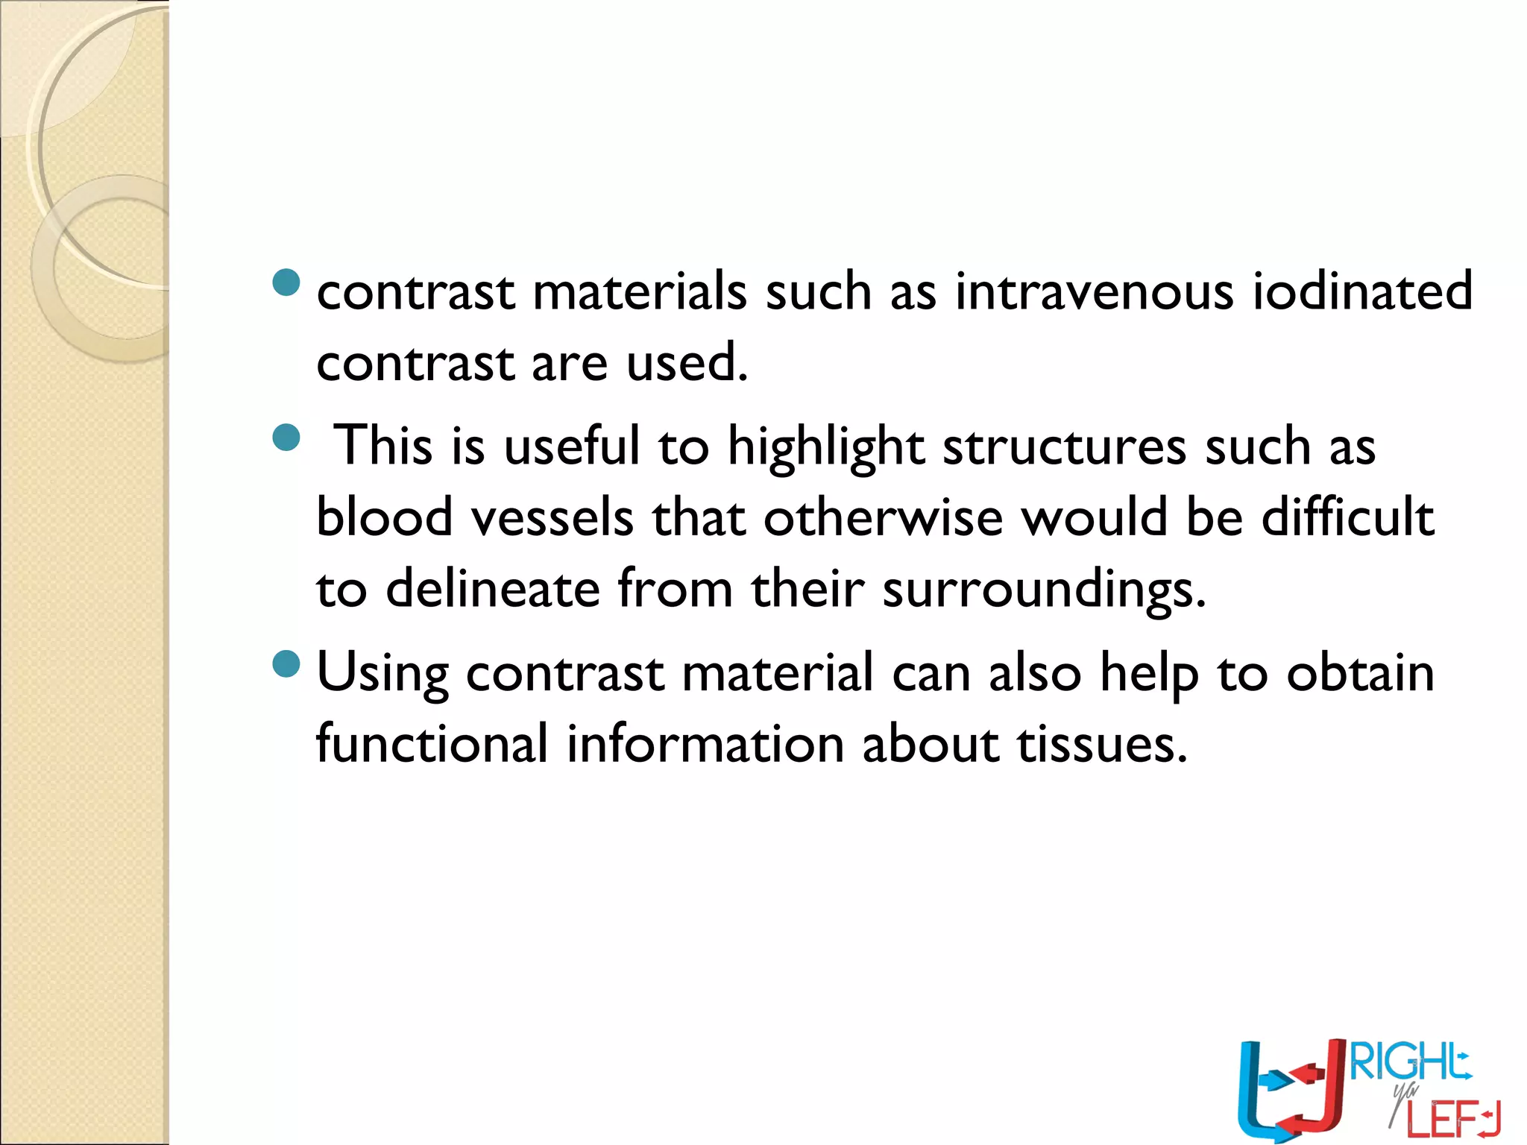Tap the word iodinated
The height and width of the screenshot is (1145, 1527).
pyautogui.click(x=1362, y=291)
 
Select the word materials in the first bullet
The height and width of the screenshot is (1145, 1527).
pyautogui.click(x=639, y=291)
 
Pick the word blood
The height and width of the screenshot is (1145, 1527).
pyautogui.click(x=384, y=517)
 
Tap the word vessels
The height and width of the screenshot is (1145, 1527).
pyautogui.click(x=552, y=517)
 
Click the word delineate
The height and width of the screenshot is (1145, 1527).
pyautogui.click(x=492, y=589)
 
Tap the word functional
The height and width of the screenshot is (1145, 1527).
pyautogui.click(x=432, y=743)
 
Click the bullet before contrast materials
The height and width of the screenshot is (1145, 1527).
pyautogui.click(x=286, y=283)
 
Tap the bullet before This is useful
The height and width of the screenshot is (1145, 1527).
pyautogui.click(x=286, y=438)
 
